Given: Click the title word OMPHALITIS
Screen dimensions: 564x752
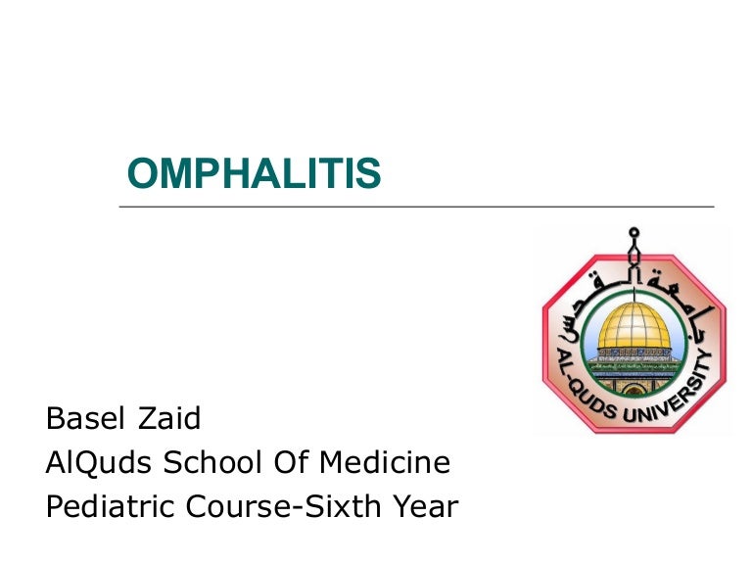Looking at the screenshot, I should coord(254,174).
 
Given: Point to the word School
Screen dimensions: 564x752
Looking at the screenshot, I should coord(210,463).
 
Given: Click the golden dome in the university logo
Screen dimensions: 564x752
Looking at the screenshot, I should coord(634,327).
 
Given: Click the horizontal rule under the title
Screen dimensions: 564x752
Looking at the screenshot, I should coord(416,207).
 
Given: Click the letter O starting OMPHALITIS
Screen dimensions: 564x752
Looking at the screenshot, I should coord(143,174).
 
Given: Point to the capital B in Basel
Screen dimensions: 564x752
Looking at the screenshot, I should coord(55,420).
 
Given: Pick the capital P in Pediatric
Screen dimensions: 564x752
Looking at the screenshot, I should coord(55,507).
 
